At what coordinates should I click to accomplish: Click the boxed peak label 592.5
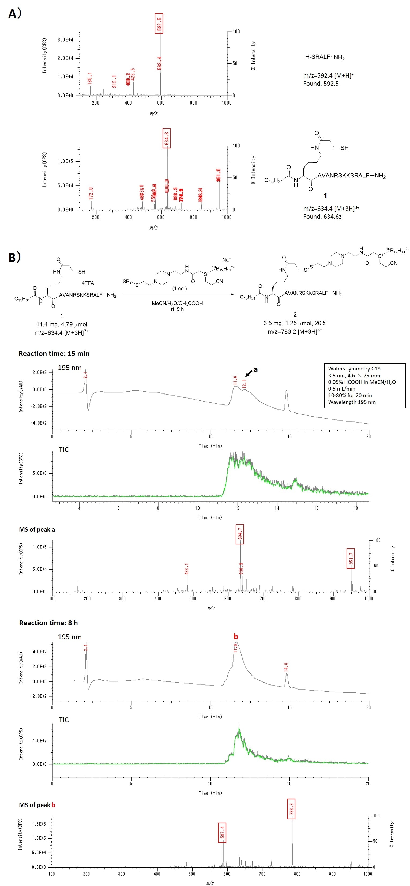159,23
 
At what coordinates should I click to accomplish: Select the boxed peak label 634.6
167,138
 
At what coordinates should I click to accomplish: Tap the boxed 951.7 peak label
351,558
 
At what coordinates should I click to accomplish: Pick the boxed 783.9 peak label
291,809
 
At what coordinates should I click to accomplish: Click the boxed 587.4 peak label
222,832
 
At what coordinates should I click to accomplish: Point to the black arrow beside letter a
249,373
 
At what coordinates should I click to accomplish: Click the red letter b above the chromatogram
236,637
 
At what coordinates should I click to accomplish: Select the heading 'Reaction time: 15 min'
54,354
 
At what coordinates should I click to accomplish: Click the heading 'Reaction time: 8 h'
48,623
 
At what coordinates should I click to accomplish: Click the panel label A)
15,14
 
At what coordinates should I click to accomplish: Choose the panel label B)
15,257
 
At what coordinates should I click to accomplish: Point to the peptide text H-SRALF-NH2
325,57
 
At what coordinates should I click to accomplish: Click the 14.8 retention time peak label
286,667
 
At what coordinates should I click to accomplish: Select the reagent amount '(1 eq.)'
179,288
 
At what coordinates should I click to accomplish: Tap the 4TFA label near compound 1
88,283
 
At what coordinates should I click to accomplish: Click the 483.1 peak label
187,569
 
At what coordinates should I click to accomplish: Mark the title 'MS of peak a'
37,529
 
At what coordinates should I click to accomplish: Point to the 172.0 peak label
91,193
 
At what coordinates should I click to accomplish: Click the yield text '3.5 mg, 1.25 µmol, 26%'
295,323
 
